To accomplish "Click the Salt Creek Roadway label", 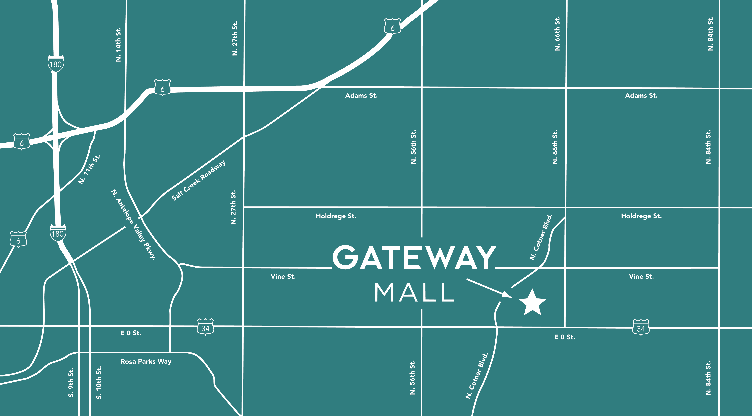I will click(198, 181).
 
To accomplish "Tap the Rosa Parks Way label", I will click(146, 361).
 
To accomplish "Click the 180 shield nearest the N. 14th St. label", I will click(56, 63).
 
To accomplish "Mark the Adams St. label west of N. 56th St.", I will click(361, 95).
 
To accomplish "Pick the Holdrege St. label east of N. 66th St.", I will click(641, 216).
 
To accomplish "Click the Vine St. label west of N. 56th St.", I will click(283, 276).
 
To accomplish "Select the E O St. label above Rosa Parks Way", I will click(131, 333).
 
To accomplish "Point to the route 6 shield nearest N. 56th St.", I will click(392, 27).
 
